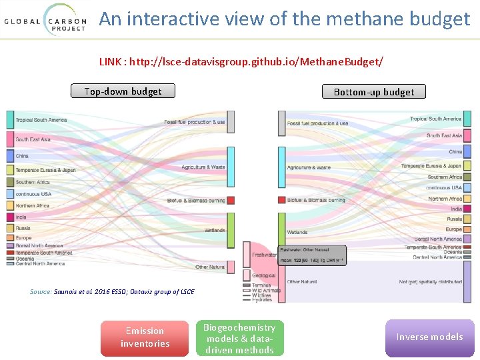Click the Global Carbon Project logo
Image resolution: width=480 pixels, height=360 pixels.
click(45, 21)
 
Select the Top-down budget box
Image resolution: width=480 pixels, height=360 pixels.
click(123, 91)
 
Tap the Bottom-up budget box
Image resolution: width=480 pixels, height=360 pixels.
click(373, 92)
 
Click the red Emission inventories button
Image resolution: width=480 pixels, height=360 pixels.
click(145, 337)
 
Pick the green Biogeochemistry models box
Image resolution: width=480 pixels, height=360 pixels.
click(239, 338)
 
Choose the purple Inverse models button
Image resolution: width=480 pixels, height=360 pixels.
click(429, 337)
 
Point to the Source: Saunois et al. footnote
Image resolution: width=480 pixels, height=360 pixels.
click(112, 292)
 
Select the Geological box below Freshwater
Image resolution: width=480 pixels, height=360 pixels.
click(259, 275)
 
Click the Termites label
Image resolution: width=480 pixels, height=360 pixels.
click(261, 285)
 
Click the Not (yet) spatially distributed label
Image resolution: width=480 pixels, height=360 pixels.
click(430, 282)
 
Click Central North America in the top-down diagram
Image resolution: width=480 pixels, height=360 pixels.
click(40, 263)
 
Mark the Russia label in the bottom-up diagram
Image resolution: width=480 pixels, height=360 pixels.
click(454, 219)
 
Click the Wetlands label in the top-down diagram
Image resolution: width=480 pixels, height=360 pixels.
click(215, 231)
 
